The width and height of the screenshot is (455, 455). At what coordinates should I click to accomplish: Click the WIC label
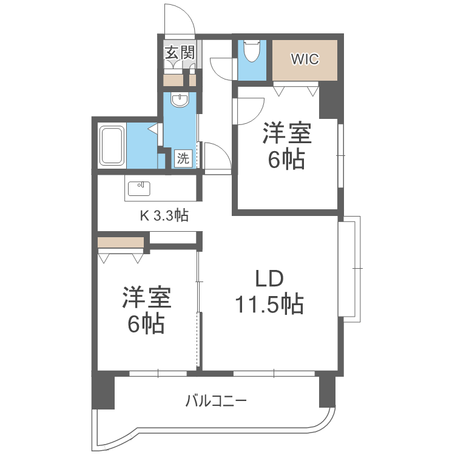(x=305, y=59)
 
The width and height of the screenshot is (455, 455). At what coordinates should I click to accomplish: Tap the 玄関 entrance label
(x=180, y=52)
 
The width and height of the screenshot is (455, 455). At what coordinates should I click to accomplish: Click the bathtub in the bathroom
(x=112, y=146)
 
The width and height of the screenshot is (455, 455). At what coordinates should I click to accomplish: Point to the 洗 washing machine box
(x=183, y=159)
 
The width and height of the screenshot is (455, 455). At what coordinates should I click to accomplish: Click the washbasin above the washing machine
(x=180, y=100)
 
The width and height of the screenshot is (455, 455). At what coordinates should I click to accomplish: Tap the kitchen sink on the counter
(x=140, y=187)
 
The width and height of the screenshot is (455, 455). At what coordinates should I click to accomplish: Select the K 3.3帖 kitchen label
(x=164, y=215)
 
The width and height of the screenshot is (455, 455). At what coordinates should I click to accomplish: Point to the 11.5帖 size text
(x=269, y=305)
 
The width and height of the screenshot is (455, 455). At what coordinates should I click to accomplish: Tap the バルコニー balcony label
(x=216, y=401)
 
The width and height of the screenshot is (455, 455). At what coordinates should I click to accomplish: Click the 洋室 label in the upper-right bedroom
(x=287, y=133)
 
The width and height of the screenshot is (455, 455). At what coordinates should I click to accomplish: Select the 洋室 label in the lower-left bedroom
(x=146, y=298)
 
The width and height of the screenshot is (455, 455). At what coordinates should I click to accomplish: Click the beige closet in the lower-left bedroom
(x=121, y=243)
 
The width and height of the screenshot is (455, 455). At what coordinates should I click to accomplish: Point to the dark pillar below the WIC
(x=331, y=100)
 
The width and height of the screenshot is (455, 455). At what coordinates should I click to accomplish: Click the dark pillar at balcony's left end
(x=103, y=391)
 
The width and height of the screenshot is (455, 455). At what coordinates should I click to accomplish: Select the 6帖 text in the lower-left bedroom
(x=146, y=325)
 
